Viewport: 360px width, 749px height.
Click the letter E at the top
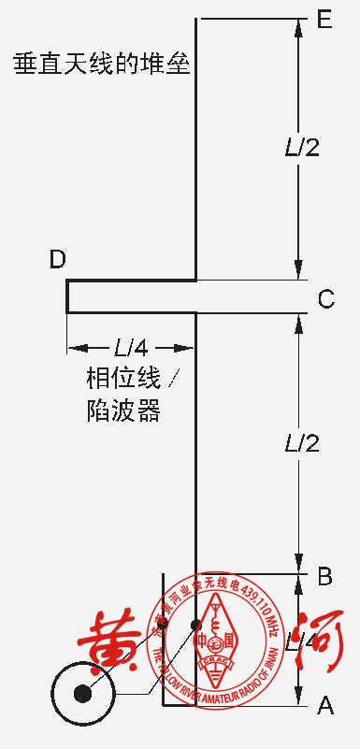coord(324,20)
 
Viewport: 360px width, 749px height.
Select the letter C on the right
coord(325,299)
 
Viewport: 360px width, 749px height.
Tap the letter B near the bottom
coord(324,576)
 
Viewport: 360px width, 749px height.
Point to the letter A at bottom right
coord(325,706)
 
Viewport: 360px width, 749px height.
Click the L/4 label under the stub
coord(131,348)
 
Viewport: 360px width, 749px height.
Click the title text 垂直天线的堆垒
coord(102,65)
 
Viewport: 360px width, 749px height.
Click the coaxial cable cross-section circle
coord(83,693)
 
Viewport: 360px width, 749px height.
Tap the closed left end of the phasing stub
coord(67,295)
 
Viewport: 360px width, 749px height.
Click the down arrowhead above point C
coord(299,270)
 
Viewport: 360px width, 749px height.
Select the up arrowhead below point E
coord(299,28)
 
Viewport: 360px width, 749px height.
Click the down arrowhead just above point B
coord(299,565)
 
